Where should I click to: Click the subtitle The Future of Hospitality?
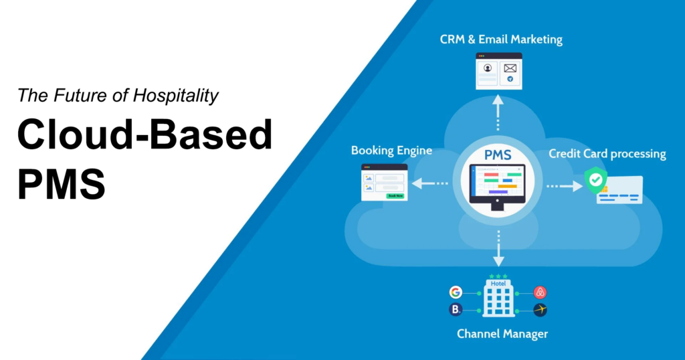coord(118,96)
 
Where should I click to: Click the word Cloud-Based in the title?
coord(144,137)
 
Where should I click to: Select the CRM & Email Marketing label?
coord(501,39)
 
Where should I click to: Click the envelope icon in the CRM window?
coord(510,68)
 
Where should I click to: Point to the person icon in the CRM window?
coord(488,68)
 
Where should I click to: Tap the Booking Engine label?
coord(391,151)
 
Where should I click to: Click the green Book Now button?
coord(395,195)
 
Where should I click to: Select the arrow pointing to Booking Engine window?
coord(429,183)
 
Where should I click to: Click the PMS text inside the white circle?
coord(498,155)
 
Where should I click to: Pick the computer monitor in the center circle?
coord(498,186)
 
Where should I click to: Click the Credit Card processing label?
coord(607,154)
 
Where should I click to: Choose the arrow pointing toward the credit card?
coord(565,185)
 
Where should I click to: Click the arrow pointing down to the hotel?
coord(498,250)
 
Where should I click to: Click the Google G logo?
coord(456,292)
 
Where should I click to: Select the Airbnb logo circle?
coord(541,292)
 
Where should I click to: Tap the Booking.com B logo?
coord(456,310)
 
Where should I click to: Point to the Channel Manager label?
coord(502,333)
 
